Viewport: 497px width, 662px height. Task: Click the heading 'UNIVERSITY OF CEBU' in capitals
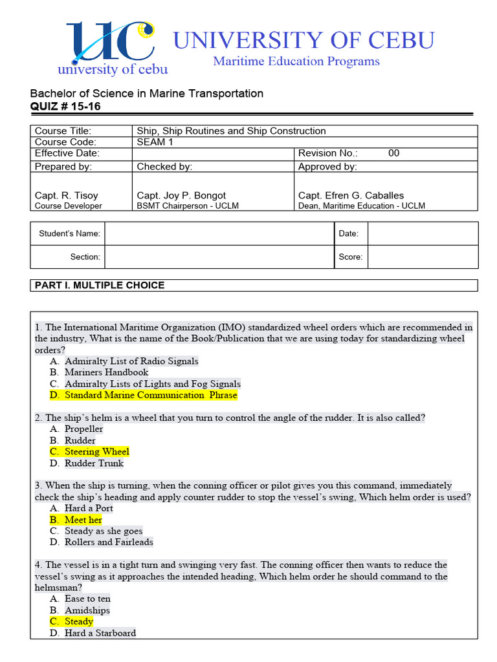click(304, 40)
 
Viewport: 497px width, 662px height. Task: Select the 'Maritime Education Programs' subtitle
click(296, 62)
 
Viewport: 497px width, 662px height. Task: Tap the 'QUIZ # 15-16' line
click(65, 107)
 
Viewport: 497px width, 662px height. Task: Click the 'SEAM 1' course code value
click(155, 142)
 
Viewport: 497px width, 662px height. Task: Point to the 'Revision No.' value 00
click(393, 154)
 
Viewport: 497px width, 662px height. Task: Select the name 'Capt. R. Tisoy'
click(67, 195)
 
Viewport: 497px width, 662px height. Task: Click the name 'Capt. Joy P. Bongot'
click(181, 195)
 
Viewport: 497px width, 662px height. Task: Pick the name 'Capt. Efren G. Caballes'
click(351, 195)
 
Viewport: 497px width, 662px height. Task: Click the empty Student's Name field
click(219, 233)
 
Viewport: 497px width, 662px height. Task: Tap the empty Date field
click(423, 233)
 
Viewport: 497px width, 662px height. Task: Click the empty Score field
click(423, 257)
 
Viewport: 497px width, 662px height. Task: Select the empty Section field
click(219, 257)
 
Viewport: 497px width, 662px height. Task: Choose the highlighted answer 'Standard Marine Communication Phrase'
click(150, 395)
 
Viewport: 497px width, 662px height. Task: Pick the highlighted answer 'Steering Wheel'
click(96, 452)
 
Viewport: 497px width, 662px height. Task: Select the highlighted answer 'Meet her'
click(83, 520)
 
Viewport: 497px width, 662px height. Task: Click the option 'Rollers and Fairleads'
click(109, 542)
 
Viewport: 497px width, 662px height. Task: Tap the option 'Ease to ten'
click(87, 599)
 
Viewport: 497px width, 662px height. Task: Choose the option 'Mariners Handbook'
click(106, 372)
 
